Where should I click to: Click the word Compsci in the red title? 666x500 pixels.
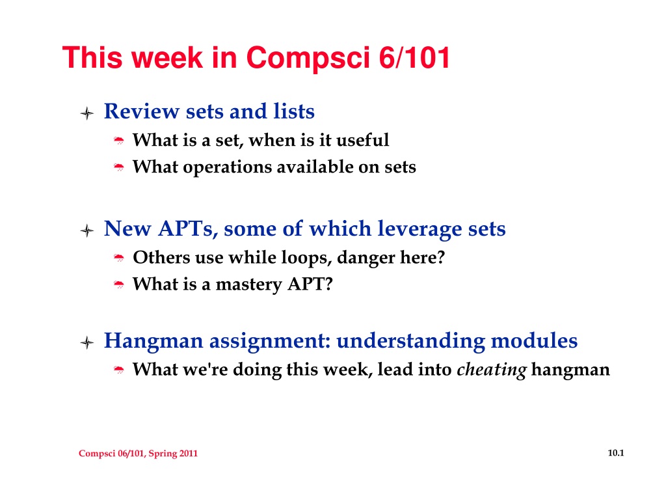308,59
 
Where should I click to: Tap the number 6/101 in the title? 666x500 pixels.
414,57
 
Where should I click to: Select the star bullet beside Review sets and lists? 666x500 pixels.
87,113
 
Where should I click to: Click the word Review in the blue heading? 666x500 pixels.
142,112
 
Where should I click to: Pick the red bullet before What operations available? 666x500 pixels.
119,167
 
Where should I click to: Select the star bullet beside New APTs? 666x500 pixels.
87,230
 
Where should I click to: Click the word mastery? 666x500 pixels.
249,285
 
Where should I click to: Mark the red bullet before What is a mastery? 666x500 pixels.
119,285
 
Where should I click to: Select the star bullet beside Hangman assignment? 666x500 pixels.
87,342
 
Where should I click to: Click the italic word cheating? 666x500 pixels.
492,370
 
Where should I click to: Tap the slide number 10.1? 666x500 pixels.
616,453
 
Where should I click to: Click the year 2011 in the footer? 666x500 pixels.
189,453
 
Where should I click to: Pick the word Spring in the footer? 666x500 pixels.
163,454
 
